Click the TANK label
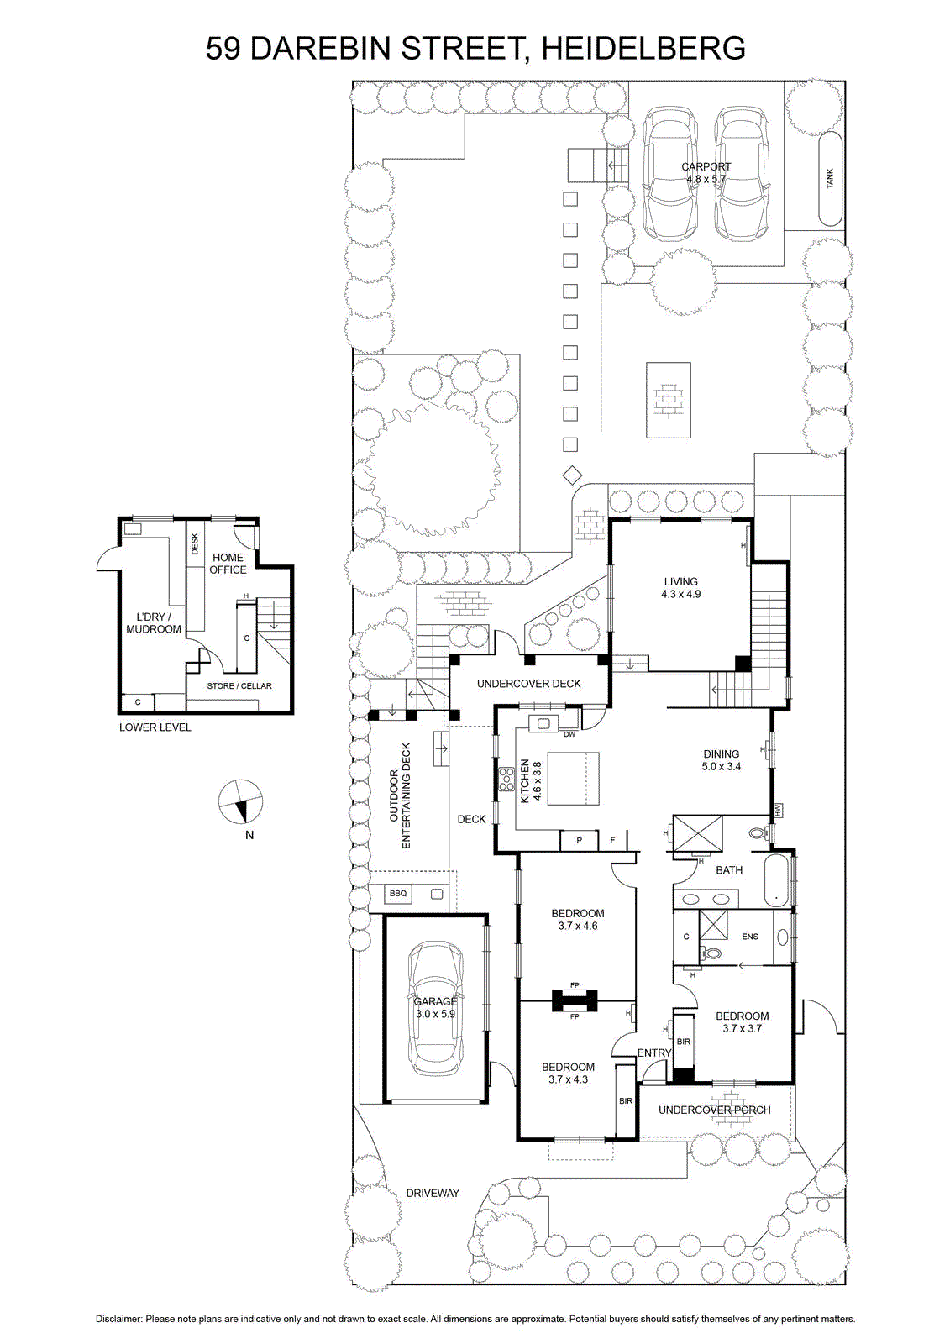tap(830, 178)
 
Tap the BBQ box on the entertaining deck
tap(398, 894)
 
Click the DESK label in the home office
tap(194, 543)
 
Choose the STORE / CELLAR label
tap(239, 685)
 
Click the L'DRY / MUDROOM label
tap(154, 622)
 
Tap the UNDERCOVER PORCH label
tap(714, 1110)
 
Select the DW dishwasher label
tap(569, 734)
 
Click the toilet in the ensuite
tap(711, 953)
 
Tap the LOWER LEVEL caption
tap(155, 727)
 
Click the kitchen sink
tap(543, 723)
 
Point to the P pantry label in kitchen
tap(579, 841)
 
